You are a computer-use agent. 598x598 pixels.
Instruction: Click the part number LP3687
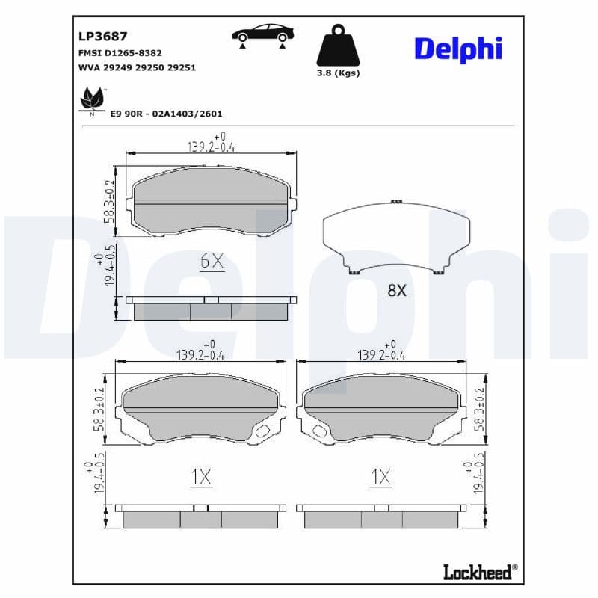(103, 36)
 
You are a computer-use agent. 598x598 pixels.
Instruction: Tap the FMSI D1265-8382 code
(120, 53)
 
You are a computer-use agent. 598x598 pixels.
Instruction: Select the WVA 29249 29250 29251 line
(137, 67)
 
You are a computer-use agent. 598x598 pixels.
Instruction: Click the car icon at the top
(262, 34)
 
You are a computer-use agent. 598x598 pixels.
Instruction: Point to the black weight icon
(338, 46)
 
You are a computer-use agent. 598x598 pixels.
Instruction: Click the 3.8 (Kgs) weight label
(338, 73)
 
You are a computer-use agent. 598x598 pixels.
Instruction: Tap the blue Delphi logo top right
(457, 49)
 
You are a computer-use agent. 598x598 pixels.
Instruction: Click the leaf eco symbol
(93, 99)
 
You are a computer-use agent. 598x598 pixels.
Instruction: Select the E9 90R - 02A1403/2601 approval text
(166, 114)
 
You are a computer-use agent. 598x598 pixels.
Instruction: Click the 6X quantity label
(212, 261)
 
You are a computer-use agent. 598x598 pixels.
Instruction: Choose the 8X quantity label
(396, 290)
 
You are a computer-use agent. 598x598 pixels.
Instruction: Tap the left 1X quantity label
(200, 477)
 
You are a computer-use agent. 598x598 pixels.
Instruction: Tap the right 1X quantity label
(380, 477)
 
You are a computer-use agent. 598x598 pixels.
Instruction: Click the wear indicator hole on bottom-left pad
(263, 431)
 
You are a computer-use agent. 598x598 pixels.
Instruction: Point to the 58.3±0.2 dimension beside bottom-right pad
(480, 409)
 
